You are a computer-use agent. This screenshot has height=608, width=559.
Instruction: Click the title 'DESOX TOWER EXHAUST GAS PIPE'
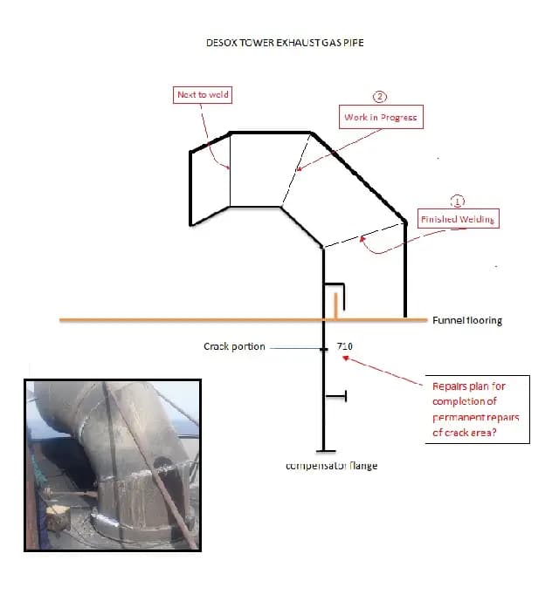(279, 41)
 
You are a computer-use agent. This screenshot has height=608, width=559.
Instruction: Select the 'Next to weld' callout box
(203, 94)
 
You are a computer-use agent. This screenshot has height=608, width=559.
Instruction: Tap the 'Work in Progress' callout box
(380, 117)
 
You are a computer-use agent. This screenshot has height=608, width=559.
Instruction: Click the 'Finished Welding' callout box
(457, 219)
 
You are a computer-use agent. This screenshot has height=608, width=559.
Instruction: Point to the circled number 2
(380, 97)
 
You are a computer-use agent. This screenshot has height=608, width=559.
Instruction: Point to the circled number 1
(457, 200)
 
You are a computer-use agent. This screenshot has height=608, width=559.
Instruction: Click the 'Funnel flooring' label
(467, 320)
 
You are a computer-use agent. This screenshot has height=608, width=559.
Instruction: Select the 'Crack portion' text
(233, 346)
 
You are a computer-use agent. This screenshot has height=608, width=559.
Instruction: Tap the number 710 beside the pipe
(345, 346)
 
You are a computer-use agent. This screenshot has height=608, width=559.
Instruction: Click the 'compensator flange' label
(331, 466)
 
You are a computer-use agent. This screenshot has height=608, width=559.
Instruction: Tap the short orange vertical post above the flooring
(335, 307)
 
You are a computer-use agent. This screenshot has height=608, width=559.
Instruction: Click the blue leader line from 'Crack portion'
(295, 347)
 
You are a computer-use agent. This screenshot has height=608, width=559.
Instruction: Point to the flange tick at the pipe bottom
(325, 451)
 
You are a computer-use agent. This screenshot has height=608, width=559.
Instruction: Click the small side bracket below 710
(335, 396)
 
